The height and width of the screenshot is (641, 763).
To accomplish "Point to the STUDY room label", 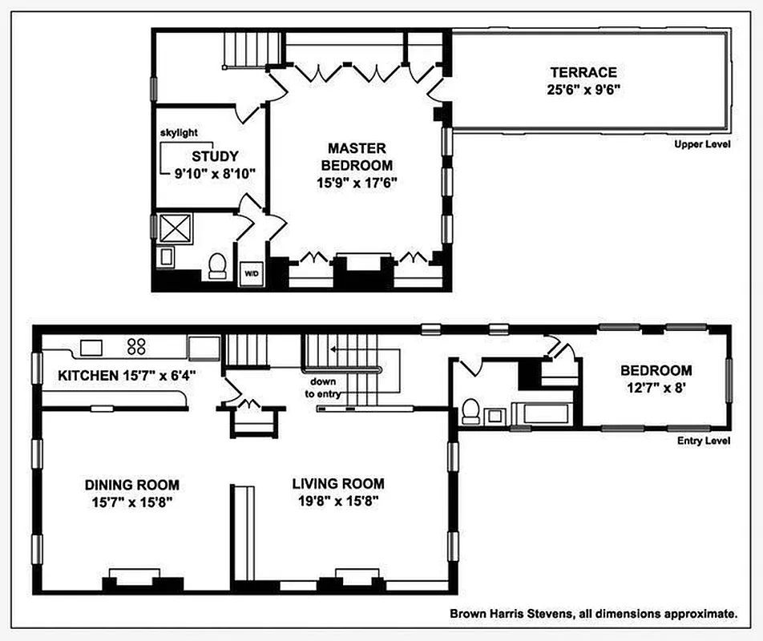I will [214, 156].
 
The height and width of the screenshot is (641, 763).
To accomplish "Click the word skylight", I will [178, 133].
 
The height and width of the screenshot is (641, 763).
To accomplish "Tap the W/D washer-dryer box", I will [251, 273].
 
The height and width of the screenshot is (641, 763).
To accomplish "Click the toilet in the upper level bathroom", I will [217, 265].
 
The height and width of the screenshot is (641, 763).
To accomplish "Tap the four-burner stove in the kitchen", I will [136, 347].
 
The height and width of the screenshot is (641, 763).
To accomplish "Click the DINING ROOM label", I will [132, 485].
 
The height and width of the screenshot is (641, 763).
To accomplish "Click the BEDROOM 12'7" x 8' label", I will [656, 379].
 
